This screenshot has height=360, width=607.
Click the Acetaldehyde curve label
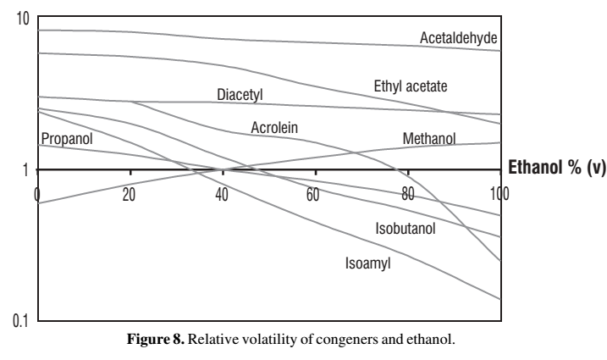pos(458,38)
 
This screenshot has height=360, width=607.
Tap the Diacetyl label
pos(240,95)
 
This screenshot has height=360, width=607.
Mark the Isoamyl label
pos(368,262)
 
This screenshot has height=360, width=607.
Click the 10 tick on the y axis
pos(24,19)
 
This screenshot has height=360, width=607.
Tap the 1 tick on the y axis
pos(25,169)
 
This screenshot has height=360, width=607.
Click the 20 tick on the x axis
pos(130,193)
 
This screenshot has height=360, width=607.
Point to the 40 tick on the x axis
pos(222,193)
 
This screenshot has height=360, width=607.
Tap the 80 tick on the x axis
pos(406,193)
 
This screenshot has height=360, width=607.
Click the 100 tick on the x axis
pos(499,193)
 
